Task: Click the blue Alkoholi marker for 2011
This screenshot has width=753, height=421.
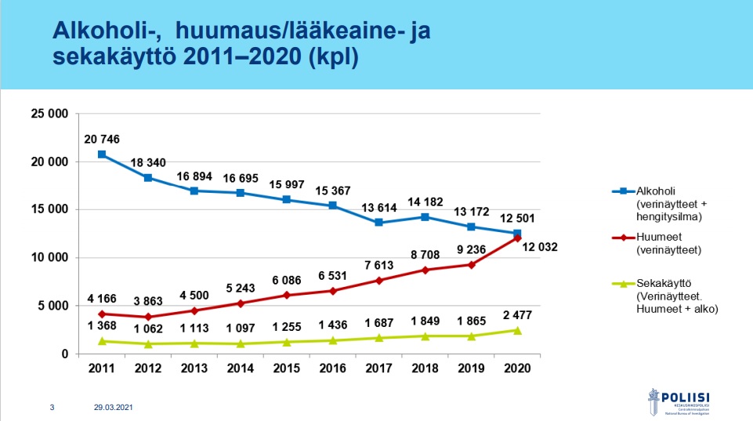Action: pyautogui.click(x=102, y=154)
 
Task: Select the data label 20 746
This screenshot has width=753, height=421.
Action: pyautogui.click(x=102, y=139)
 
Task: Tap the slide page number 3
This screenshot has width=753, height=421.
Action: pyautogui.click(x=52, y=408)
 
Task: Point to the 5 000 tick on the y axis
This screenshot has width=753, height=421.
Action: pyautogui.click(x=53, y=306)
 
